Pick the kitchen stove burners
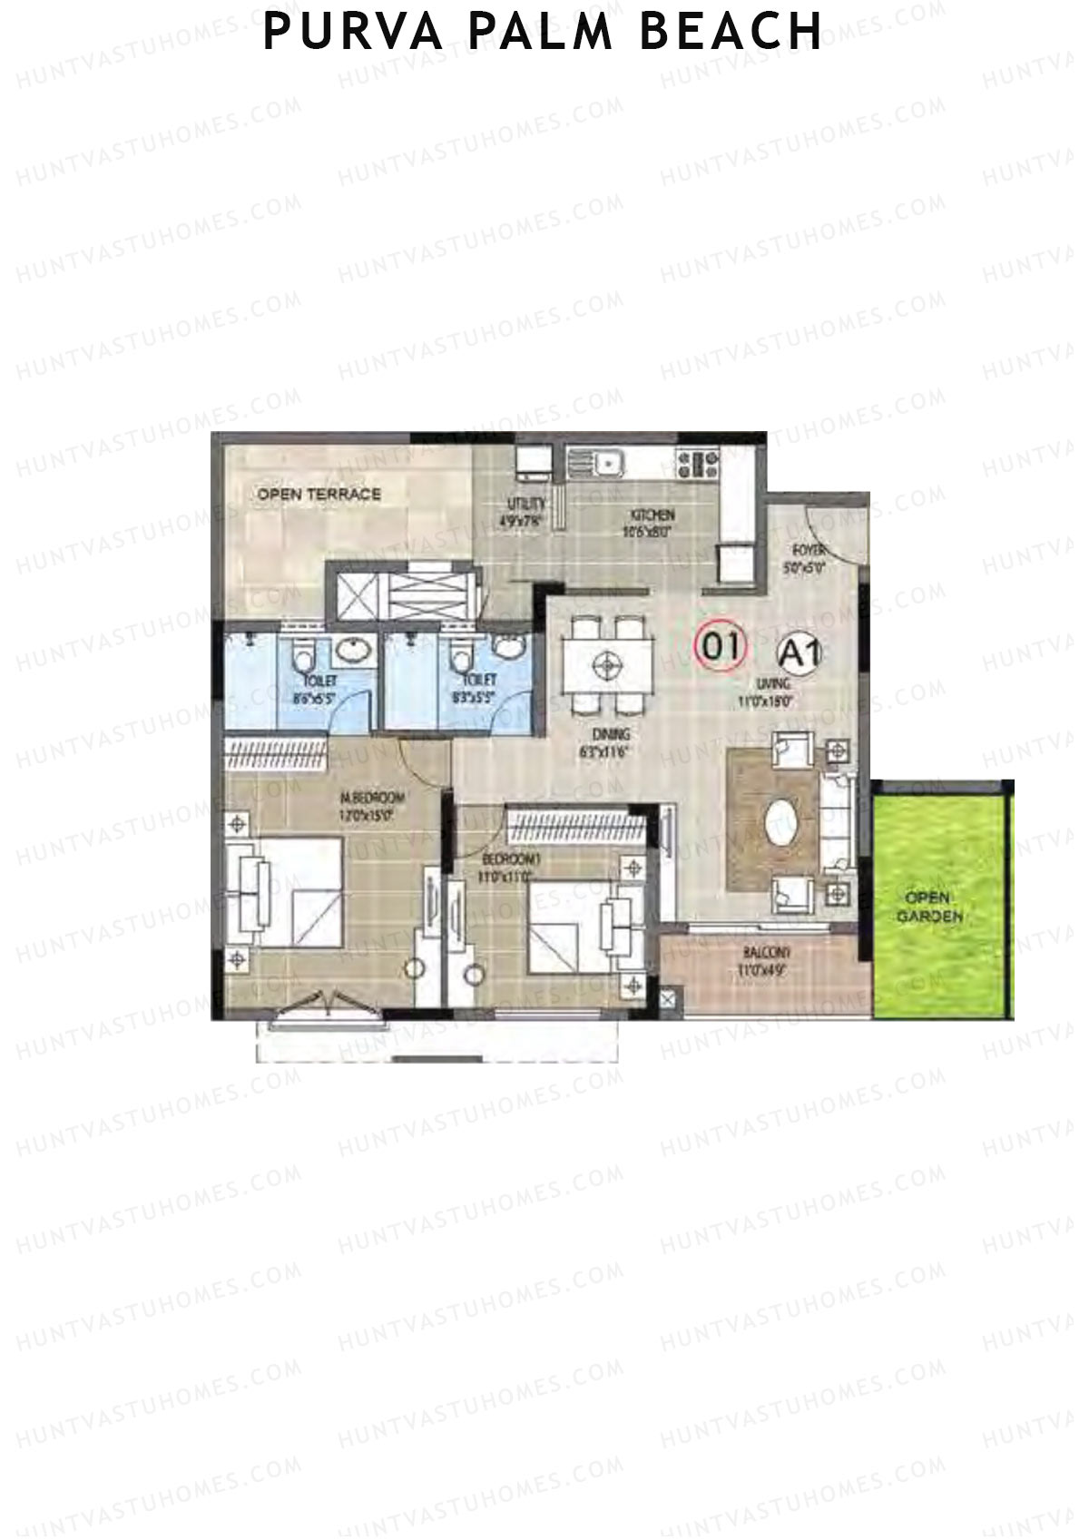pyautogui.click(x=698, y=465)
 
